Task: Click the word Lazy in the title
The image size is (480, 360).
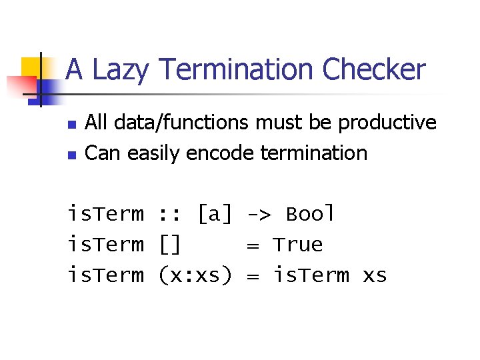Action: (122, 70)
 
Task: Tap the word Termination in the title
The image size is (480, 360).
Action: (235, 70)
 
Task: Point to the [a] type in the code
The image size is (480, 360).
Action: (215, 214)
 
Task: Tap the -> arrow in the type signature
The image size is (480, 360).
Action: (259, 214)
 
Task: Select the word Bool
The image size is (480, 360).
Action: (310, 214)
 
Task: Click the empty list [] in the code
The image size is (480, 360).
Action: (170, 245)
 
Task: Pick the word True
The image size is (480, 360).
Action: (297, 245)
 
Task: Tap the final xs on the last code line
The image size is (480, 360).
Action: (374, 275)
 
